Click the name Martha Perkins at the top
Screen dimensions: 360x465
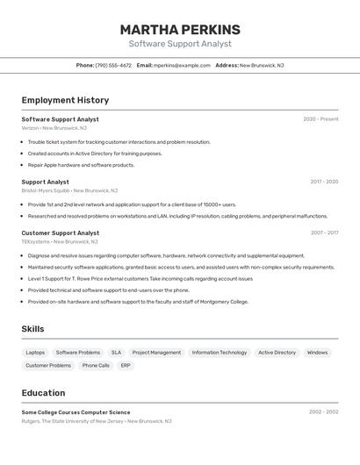point(180,30)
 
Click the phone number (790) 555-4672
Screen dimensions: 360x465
point(113,65)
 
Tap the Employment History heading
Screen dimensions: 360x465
point(65,100)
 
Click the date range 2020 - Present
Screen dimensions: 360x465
point(320,119)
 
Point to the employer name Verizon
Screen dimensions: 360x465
point(30,128)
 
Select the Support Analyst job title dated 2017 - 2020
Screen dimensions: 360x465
point(45,182)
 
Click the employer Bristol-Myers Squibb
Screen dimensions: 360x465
point(46,190)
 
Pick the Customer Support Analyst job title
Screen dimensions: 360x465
point(61,233)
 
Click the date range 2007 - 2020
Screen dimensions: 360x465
point(324,233)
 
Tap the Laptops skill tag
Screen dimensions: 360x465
point(36,353)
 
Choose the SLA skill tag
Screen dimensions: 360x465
point(116,353)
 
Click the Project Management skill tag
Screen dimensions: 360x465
point(156,353)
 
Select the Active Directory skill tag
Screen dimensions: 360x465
point(277,353)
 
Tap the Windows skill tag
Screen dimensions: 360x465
point(317,353)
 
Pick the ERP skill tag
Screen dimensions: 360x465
point(126,365)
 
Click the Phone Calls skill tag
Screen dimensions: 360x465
point(96,365)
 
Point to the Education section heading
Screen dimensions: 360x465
point(43,393)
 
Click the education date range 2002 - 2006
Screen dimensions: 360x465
point(323,412)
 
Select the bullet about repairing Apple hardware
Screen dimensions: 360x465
point(81,165)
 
